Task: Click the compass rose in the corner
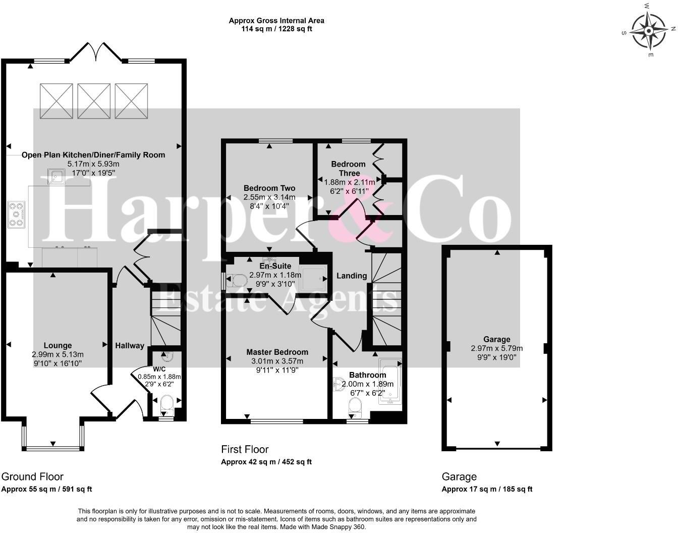point(649,30)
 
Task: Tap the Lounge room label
point(58,346)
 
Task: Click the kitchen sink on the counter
point(55,177)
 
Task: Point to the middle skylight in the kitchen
point(94,101)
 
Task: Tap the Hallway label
point(130,346)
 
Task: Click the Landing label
point(352,276)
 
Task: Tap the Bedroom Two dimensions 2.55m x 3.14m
point(269,197)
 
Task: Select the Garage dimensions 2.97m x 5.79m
point(496,348)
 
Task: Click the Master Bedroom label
point(277,352)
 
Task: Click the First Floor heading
point(245,449)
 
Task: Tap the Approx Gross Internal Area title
point(276,21)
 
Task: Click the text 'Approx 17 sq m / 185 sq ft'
point(487,489)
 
